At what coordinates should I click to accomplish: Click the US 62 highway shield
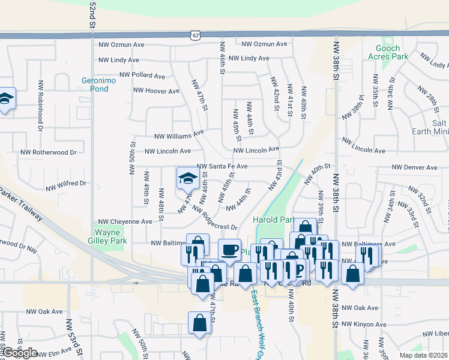(x=196, y=35)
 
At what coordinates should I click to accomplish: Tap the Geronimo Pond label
(x=95, y=84)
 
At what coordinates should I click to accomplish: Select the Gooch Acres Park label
(x=391, y=52)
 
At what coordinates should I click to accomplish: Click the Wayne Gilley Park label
(x=111, y=236)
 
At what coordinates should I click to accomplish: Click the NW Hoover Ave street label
(x=156, y=91)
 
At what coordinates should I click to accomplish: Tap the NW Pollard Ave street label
(x=142, y=76)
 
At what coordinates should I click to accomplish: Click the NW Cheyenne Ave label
(x=125, y=221)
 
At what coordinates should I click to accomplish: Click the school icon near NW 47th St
(x=187, y=178)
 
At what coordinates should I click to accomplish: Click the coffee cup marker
(x=229, y=249)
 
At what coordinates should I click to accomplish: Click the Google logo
(x=19, y=353)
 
